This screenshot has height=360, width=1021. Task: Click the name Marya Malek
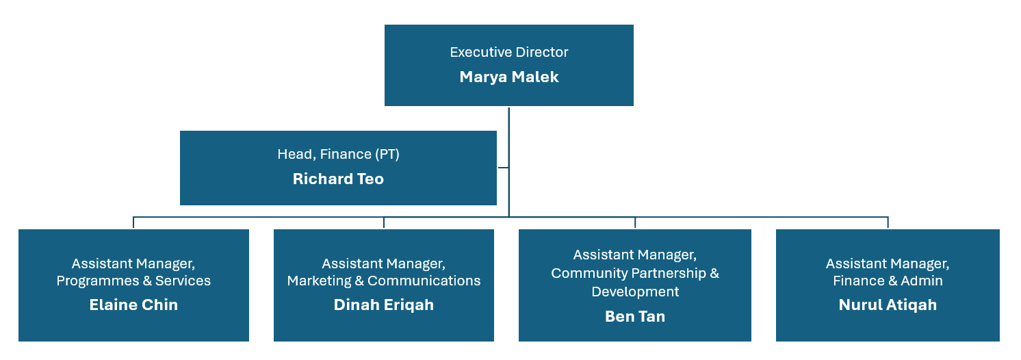508,77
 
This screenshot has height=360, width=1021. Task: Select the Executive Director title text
508,52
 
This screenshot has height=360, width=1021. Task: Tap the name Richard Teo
338,179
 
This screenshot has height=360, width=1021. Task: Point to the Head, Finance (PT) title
338,154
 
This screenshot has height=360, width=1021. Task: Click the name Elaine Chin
133,305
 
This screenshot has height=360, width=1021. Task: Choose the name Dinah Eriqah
384,305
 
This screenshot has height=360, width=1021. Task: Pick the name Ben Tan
635,316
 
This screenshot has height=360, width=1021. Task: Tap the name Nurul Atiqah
888,305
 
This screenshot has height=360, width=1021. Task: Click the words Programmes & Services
133,281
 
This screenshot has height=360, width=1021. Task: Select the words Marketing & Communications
384,281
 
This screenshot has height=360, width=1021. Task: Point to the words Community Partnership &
635,273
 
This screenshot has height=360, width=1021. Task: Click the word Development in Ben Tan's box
635,292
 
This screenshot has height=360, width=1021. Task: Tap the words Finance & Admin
888,281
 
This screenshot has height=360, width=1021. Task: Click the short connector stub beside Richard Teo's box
503,168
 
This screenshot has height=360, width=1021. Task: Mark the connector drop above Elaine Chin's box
133,222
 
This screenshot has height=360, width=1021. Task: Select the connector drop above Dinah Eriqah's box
384,222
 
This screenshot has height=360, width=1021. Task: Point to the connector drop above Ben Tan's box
635,222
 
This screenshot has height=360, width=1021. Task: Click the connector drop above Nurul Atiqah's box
888,222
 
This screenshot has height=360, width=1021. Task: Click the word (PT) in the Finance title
387,154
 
